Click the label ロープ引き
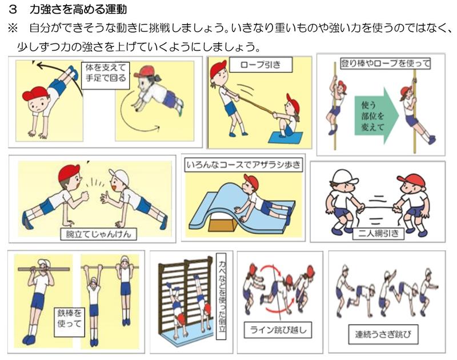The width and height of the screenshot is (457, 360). point(261,65)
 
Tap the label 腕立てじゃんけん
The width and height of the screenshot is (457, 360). point(98,234)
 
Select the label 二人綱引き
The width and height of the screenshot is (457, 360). point(378,233)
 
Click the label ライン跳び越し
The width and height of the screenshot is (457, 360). point(278,330)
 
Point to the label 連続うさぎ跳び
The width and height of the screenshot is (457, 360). point(383,334)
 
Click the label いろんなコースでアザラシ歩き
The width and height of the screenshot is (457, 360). point(243,165)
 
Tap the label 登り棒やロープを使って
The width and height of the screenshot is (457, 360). point(385,63)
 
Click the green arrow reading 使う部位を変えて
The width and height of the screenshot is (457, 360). point(376,116)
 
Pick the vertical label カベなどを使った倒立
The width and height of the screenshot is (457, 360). point(222,296)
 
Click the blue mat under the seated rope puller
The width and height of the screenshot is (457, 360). point(285,138)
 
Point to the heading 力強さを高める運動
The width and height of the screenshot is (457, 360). point(78,9)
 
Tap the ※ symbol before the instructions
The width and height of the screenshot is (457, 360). point(13,29)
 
